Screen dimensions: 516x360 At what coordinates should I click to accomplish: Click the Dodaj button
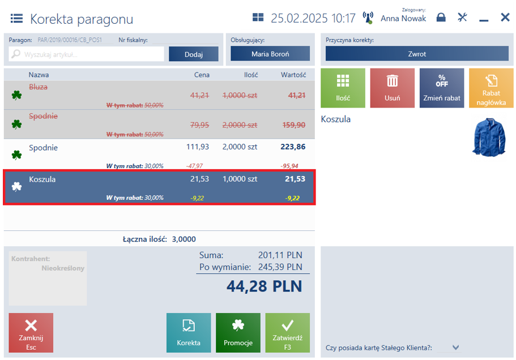(194, 54)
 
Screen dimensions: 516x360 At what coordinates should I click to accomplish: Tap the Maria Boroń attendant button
(270, 54)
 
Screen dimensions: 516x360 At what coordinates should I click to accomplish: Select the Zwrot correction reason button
(417, 54)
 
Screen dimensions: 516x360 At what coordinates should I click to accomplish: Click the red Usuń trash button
(393, 88)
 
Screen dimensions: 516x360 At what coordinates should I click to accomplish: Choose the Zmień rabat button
(442, 88)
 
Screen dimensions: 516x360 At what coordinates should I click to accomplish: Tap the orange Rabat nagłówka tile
(491, 88)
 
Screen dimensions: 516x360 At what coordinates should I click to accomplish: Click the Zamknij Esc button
(31, 333)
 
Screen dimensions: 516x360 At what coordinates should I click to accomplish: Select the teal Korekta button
(189, 333)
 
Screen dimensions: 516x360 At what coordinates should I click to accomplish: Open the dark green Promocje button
(238, 333)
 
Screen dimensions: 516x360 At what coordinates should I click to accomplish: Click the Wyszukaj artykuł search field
(86, 54)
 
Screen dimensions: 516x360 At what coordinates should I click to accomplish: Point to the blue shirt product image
(489, 137)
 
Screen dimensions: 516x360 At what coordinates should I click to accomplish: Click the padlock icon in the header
(441, 17)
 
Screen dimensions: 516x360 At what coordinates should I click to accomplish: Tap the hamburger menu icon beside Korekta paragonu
(16, 19)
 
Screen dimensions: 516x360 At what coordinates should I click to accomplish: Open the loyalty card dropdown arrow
(455, 347)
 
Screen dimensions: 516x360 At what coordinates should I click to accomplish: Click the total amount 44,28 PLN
(264, 286)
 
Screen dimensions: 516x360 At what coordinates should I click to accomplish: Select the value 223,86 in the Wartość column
(293, 147)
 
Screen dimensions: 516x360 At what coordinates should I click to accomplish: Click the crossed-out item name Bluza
(38, 87)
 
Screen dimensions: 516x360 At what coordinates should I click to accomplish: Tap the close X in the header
(505, 17)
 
